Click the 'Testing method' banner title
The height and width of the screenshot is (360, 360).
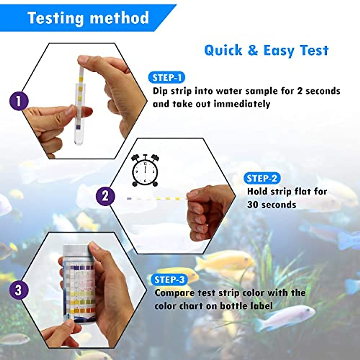(88, 18)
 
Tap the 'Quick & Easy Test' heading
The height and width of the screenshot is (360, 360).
(266, 50)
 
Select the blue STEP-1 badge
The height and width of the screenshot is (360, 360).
(167, 78)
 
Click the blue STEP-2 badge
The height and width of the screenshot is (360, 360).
(262, 178)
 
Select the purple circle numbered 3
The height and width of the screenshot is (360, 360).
(19, 290)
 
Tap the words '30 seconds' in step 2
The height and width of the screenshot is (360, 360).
(271, 205)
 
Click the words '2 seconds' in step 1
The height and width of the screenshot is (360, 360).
(319, 91)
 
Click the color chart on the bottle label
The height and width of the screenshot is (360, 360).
(80, 288)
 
